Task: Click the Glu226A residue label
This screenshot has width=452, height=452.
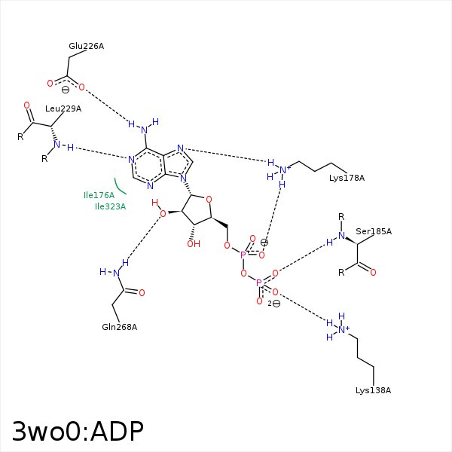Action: pos(86,46)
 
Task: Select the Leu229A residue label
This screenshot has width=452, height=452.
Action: pos(63,108)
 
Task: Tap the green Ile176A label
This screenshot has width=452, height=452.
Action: pos(99,195)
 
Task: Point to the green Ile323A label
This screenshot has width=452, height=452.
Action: pos(110,206)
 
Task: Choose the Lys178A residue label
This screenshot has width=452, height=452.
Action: pos(347,178)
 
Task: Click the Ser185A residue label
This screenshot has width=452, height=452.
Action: pos(374,231)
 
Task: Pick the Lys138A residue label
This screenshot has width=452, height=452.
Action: pos(373,390)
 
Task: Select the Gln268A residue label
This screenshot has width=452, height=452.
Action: pos(119,327)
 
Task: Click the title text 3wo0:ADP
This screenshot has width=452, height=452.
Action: pos(78,431)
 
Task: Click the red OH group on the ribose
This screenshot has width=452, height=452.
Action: pos(194,244)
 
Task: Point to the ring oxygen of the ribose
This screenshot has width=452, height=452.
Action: pos(209,199)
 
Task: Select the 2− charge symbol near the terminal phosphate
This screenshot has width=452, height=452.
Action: pos(274,304)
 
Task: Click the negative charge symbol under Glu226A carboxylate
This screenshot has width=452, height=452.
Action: pos(66,90)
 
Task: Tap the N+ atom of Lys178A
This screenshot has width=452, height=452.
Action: pos(284,169)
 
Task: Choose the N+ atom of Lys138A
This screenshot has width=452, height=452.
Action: pos(343,329)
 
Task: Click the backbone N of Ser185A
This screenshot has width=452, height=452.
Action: pos(341,236)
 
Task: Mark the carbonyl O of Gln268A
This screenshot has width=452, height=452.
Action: pos(142,293)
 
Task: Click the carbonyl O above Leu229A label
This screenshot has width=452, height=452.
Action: pos(27,105)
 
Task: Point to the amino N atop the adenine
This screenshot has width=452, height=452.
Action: pos(145,130)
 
